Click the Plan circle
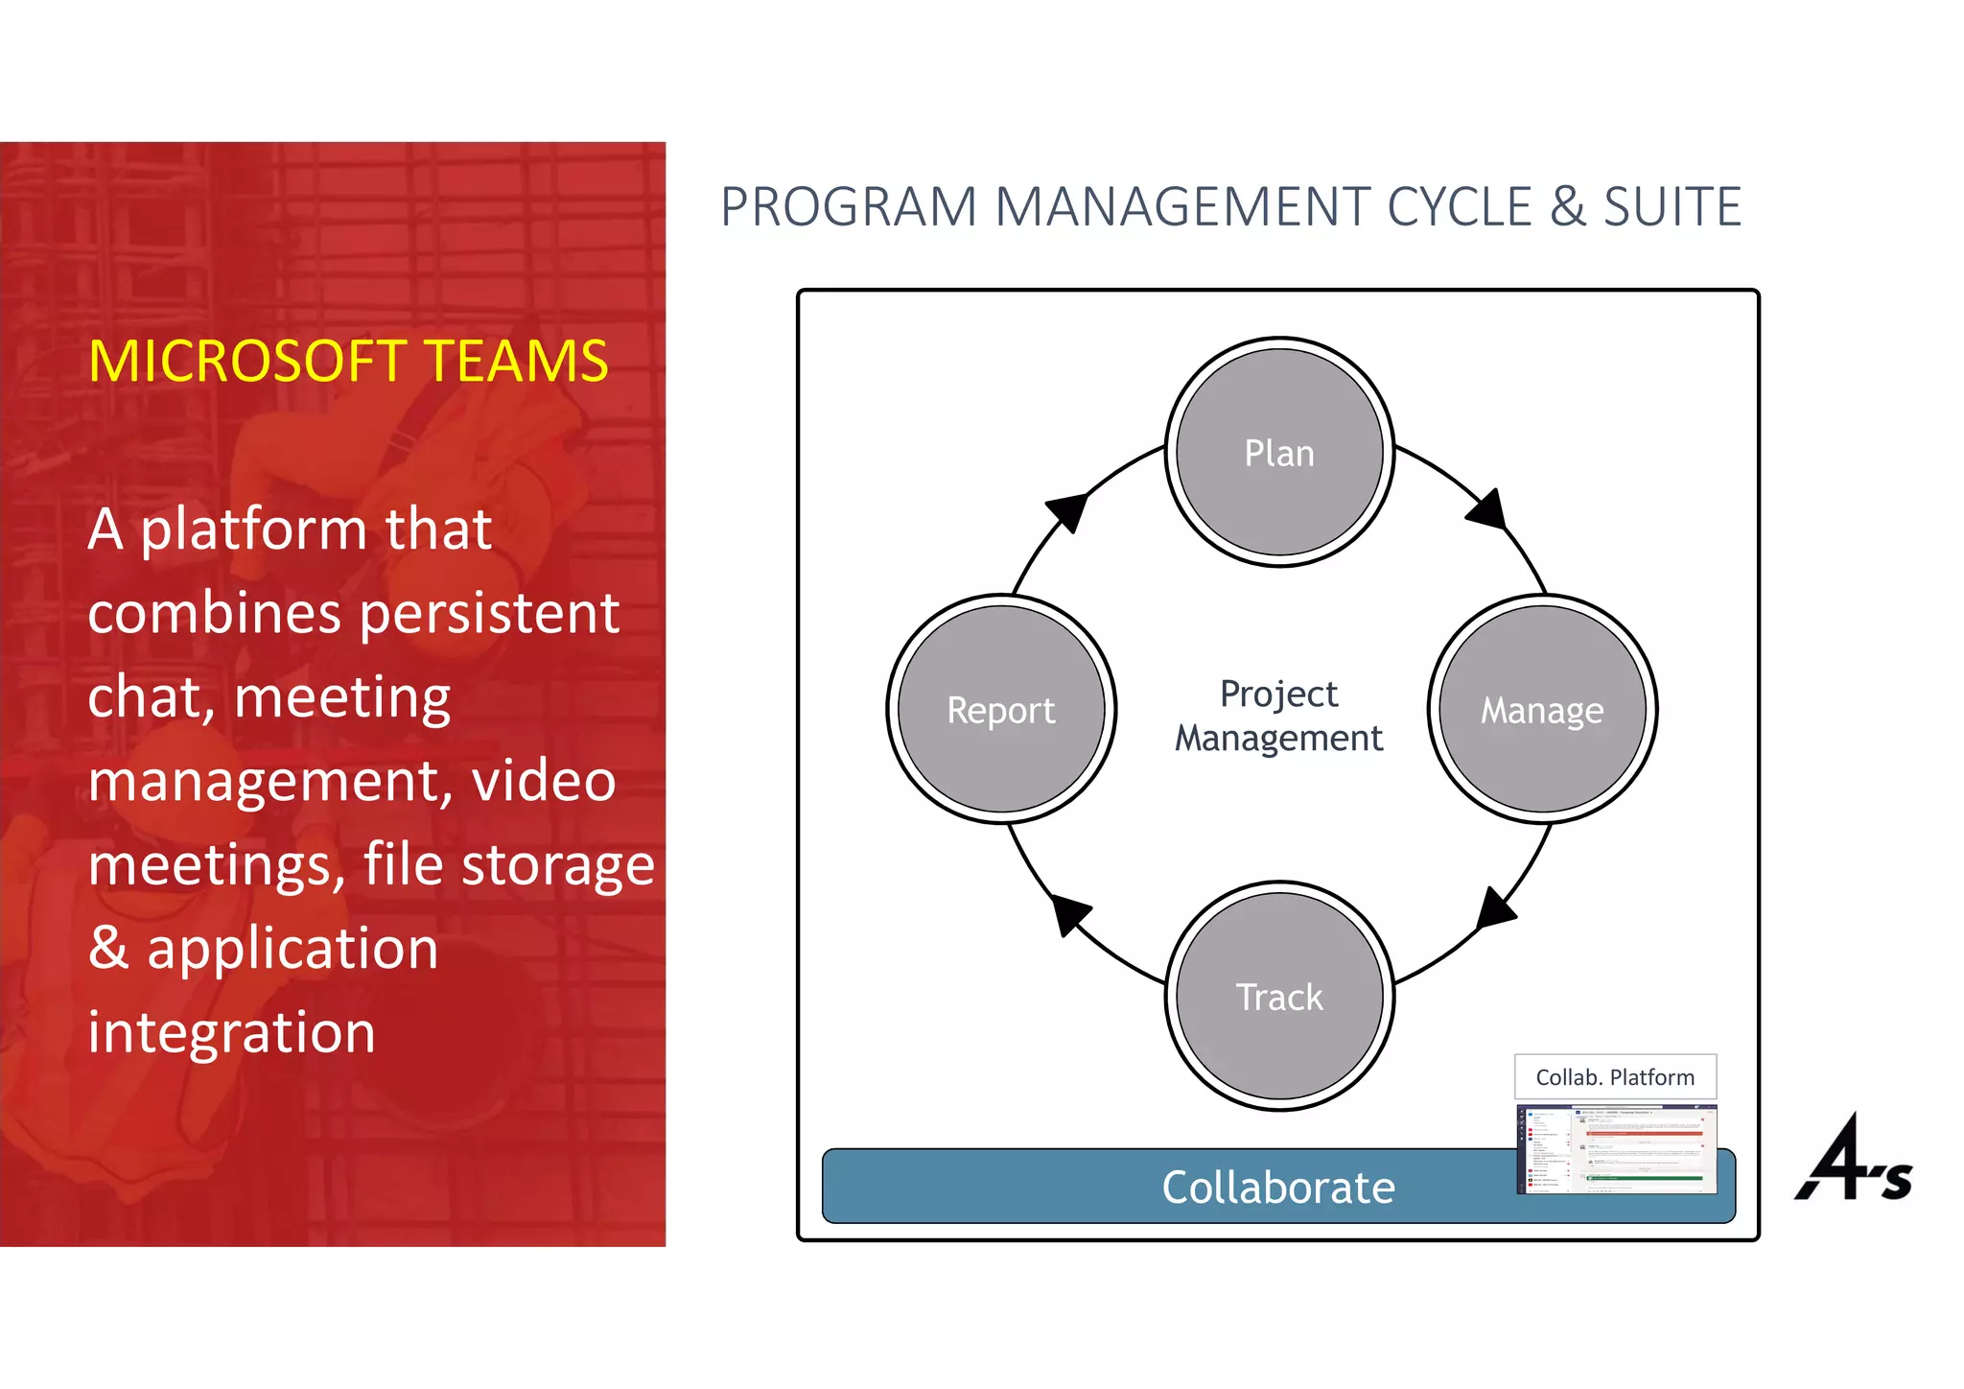click(x=1278, y=452)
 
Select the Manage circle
click(x=1542, y=709)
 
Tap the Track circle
click(x=1278, y=996)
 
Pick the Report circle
click(x=1001, y=709)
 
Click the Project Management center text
click(x=1278, y=716)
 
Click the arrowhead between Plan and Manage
click(x=1488, y=509)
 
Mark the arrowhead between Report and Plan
click(x=1067, y=511)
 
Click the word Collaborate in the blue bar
click(x=1278, y=1187)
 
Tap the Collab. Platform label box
click(x=1615, y=1076)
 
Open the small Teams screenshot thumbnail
click(x=1616, y=1149)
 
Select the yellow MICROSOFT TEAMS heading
click(x=348, y=362)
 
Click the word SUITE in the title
click(x=1672, y=207)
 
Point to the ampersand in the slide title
click(x=1567, y=207)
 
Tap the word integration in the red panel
click(x=231, y=1032)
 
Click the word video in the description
click(x=543, y=780)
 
